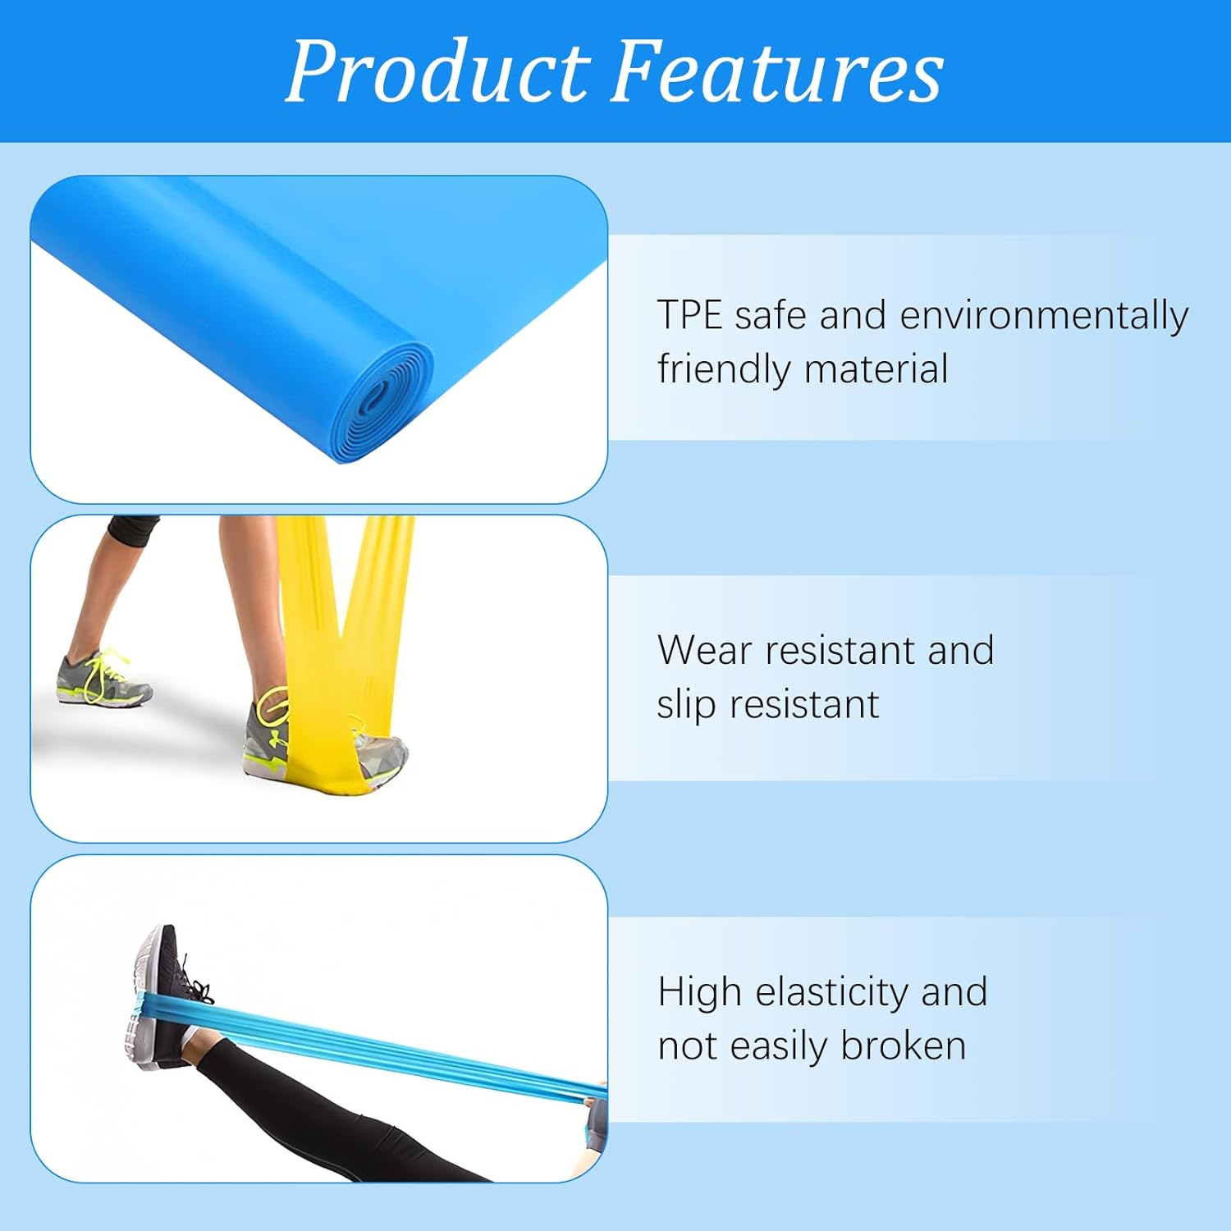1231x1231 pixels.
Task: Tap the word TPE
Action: click(689, 315)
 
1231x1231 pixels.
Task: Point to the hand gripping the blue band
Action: click(594, 1124)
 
